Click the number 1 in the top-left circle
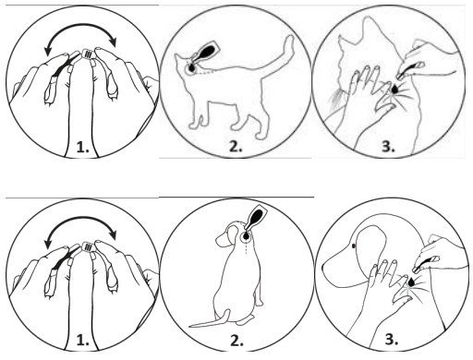[x=82, y=148]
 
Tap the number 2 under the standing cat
[x=236, y=147]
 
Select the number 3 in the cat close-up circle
[x=388, y=147]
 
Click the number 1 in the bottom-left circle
[x=82, y=341]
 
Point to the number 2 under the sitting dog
[x=237, y=341]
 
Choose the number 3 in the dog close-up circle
[x=392, y=340]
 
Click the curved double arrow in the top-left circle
[x=80, y=27]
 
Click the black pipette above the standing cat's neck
[x=205, y=53]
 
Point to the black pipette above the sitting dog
[x=256, y=218]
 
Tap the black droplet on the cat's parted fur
[x=394, y=89]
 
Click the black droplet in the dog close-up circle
[x=410, y=282]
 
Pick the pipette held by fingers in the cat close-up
[x=410, y=70]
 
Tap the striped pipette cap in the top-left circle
[x=87, y=54]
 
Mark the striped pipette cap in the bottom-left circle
[x=87, y=247]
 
